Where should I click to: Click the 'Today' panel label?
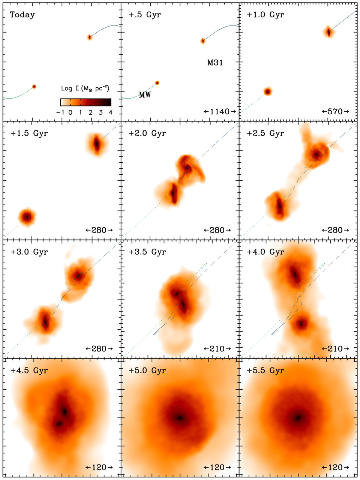tap(22, 15)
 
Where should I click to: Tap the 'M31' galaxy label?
tap(215, 63)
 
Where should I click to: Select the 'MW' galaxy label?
tap(145, 95)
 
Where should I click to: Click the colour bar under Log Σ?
tap(85, 102)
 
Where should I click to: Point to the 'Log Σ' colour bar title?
tap(85, 89)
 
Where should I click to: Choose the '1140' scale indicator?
tap(220, 111)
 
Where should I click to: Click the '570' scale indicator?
tap(335, 111)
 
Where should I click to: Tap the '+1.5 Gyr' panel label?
tap(29, 133)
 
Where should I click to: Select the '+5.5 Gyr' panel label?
tap(265, 370)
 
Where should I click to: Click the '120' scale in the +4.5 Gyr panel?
tap(99, 467)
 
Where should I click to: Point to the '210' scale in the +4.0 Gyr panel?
tap(335, 349)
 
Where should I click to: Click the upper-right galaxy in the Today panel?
tap(90, 37)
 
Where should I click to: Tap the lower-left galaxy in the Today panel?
tap(34, 87)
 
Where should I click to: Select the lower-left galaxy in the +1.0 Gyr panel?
tap(267, 91)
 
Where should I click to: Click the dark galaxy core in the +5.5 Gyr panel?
tap(298, 417)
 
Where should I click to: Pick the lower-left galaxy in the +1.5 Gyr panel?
tap(27, 217)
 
